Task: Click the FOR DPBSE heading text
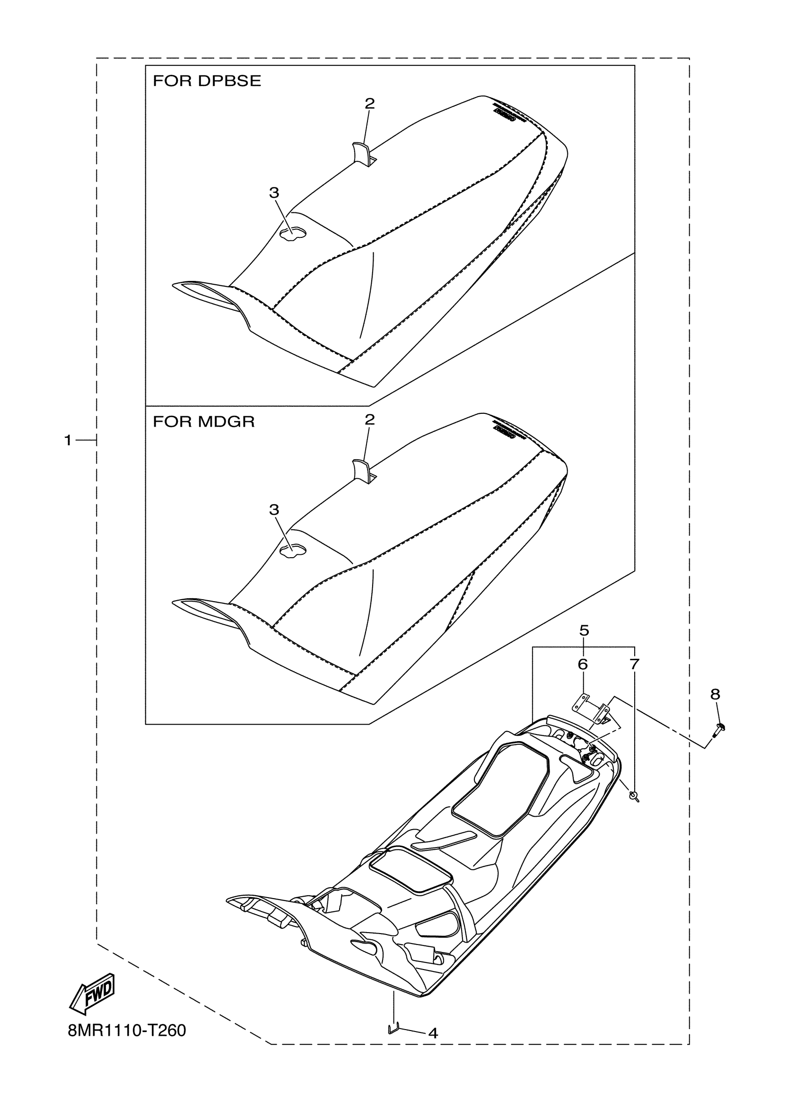tap(207, 81)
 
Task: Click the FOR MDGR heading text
tap(203, 421)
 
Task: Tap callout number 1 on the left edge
tap(68, 440)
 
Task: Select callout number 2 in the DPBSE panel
tap(369, 103)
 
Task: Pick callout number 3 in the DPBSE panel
tap(274, 193)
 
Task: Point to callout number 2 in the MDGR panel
tap(369, 420)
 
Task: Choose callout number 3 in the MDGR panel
tap(274, 509)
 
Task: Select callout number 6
tap(582, 664)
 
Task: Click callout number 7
tap(634, 664)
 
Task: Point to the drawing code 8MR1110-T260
tap(127, 1031)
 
